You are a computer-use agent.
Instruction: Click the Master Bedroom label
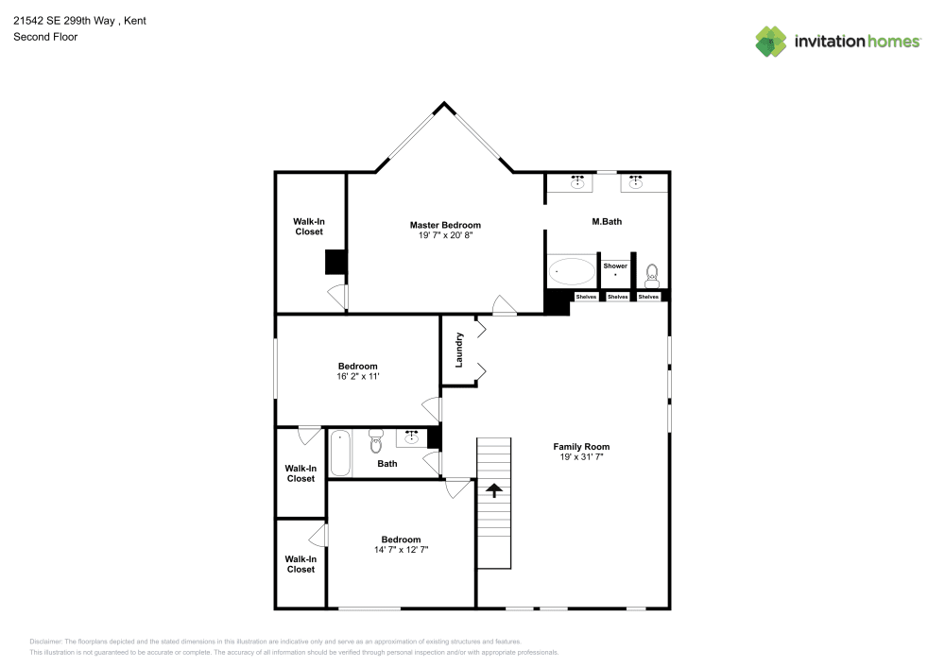click(x=445, y=225)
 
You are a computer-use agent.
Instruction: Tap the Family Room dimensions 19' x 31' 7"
click(x=581, y=457)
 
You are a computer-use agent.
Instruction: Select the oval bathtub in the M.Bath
click(x=572, y=272)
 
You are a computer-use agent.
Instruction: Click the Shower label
click(x=615, y=266)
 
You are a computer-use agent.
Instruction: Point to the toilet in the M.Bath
click(x=651, y=276)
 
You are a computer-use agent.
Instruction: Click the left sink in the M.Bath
click(x=576, y=181)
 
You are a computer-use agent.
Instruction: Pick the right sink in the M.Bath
click(x=636, y=181)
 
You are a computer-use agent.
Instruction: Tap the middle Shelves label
click(x=617, y=297)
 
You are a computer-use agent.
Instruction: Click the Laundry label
click(x=459, y=349)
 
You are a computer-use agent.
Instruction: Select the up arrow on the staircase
click(x=493, y=489)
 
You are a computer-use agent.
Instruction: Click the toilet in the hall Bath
click(x=376, y=440)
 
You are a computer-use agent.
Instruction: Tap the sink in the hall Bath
click(x=412, y=437)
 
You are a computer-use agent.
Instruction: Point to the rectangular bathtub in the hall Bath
click(x=340, y=453)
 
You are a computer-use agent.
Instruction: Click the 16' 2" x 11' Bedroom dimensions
click(x=357, y=376)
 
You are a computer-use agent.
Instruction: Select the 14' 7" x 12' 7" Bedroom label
click(x=401, y=540)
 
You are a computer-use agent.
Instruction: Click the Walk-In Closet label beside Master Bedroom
click(x=308, y=227)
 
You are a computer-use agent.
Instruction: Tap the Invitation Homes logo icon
click(x=771, y=41)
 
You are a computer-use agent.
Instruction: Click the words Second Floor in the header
click(x=45, y=37)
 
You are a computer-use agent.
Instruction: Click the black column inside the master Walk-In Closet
click(x=335, y=262)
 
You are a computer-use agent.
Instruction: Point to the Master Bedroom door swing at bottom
click(x=504, y=304)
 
